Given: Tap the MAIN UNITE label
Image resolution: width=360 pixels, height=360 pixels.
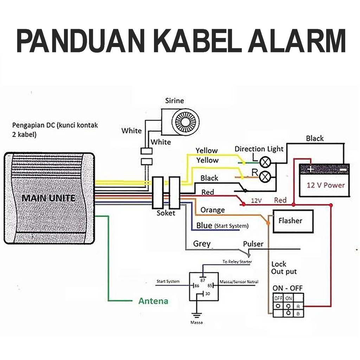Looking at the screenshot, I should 49,198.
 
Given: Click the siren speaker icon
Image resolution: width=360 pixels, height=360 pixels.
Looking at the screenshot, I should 185,122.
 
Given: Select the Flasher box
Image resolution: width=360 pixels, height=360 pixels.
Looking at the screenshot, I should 292,221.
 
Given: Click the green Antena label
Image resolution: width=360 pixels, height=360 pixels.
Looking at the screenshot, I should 153,301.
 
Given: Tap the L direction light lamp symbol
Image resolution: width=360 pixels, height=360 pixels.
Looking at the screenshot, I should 264,162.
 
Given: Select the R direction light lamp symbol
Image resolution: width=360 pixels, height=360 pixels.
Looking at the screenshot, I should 264,176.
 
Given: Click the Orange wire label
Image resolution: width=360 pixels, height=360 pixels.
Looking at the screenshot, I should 212,210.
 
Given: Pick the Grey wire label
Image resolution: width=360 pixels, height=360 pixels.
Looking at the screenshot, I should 202,244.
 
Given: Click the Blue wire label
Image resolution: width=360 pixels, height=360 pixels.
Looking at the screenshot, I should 204,225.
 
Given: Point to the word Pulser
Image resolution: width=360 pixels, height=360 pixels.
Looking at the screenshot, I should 253,244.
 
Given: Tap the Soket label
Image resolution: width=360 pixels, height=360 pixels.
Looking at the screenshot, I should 166,213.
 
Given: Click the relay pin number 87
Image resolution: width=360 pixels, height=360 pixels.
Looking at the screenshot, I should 202,280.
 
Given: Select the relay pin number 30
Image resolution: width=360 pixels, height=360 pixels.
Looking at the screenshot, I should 207,294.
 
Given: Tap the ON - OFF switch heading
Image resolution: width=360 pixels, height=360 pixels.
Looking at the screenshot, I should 287,288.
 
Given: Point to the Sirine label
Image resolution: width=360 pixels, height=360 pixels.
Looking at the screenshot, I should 174,101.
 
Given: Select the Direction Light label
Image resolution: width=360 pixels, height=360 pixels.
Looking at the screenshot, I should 259,149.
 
